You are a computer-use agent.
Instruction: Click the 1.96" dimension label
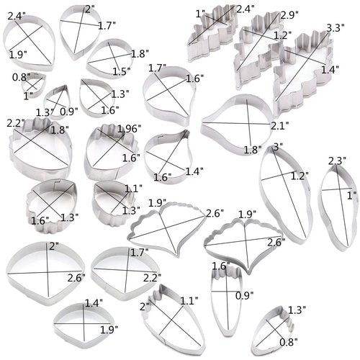point(129,129)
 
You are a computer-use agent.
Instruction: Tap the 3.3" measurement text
point(336,28)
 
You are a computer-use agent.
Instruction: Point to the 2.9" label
point(289,15)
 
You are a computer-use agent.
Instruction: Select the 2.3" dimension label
point(337,161)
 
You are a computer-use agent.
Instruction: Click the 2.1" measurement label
point(280,125)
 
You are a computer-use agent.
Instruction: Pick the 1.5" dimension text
point(122,71)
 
